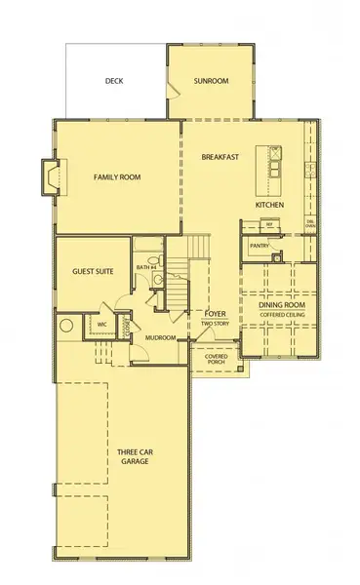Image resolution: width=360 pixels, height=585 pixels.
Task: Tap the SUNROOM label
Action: tap(211, 81)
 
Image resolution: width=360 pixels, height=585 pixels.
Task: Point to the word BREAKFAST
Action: tap(220, 157)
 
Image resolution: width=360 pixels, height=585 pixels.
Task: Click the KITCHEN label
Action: tap(269, 206)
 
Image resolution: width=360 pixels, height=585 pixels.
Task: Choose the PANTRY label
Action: tap(259, 247)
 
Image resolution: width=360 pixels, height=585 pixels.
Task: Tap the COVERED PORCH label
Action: tap(216, 360)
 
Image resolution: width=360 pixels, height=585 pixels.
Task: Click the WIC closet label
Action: tap(100, 325)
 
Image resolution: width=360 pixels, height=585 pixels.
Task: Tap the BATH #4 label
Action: tap(147, 267)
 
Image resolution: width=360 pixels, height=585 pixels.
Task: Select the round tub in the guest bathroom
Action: tap(68, 327)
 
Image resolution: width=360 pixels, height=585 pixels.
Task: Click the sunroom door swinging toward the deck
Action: tap(174, 90)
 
